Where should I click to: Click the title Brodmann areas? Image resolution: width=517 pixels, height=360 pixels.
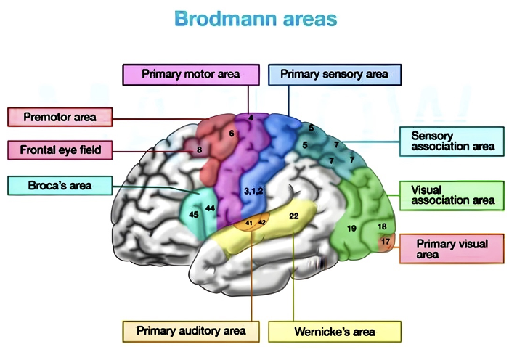click(256, 19)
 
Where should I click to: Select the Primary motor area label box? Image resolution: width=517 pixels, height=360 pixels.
click(191, 74)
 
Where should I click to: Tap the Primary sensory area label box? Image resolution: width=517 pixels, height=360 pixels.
click(334, 74)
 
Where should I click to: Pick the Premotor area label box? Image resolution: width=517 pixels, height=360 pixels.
click(60, 117)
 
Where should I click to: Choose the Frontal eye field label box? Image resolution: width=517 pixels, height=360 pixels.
click(60, 150)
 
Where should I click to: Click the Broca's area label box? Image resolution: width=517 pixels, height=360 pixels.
click(60, 185)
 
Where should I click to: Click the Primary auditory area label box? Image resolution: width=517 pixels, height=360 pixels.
click(191, 331)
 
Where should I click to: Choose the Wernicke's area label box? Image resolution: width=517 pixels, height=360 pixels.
click(334, 332)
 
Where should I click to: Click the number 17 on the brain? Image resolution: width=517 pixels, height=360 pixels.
click(385, 241)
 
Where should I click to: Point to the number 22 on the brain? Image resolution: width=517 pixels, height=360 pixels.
click(294, 216)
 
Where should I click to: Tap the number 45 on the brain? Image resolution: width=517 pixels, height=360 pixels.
click(193, 215)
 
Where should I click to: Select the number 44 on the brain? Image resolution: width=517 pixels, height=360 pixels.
click(211, 208)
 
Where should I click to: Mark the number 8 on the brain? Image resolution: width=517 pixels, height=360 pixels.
click(199, 150)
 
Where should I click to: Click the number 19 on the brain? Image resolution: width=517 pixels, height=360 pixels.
click(351, 229)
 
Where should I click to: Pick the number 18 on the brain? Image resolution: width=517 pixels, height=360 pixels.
click(382, 226)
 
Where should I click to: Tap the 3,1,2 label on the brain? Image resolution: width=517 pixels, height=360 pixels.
click(253, 190)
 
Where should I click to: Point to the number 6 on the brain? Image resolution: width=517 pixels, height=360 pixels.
click(231, 134)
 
